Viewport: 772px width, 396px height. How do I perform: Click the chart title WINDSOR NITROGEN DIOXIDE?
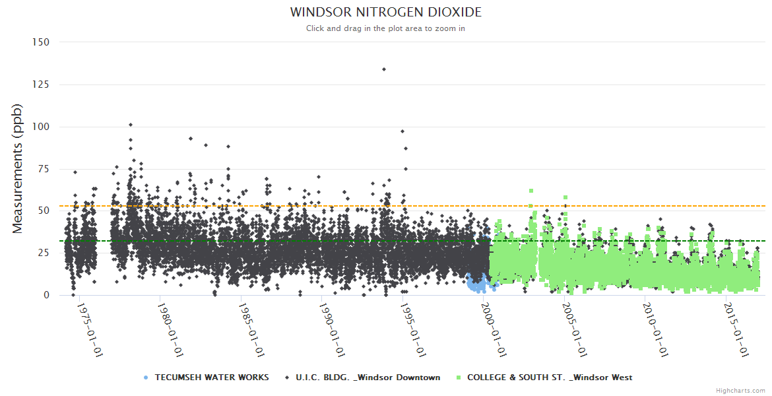pyautogui.click(x=385, y=13)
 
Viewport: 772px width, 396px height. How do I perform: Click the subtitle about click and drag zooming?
pyautogui.click(x=385, y=28)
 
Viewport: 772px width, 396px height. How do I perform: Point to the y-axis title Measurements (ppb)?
pyautogui.click(x=18, y=168)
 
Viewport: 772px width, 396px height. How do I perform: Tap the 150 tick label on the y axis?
pyautogui.click(x=41, y=42)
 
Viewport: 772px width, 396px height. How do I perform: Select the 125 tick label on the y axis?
pyautogui.click(x=41, y=84)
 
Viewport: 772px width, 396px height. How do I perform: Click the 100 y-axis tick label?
pyautogui.click(x=41, y=127)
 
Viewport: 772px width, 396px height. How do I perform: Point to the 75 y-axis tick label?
pyautogui.click(x=44, y=169)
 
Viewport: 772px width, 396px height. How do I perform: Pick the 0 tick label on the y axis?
pyautogui.click(x=46, y=295)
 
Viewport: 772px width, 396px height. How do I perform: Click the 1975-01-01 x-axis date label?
pyautogui.click(x=89, y=330)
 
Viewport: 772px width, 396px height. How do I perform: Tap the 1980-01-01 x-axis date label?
pyautogui.click(x=170, y=330)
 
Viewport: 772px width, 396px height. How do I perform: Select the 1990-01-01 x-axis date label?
pyautogui.click(x=331, y=330)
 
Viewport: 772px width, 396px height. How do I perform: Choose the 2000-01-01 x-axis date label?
pyautogui.click(x=493, y=330)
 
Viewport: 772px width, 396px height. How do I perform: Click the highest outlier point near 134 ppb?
pyautogui.click(x=384, y=69)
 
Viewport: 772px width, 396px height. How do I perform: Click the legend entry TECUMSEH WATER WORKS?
pyautogui.click(x=212, y=378)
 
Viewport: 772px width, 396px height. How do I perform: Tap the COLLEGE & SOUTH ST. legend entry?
pyautogui.click(x=550, y=378)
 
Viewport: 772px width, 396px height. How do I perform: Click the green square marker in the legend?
pyautogui.click(x=459, y=378)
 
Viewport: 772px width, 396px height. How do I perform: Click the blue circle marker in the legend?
pyautogui.click(x=146, y=378)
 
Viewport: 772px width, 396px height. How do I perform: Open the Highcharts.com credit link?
pyautogui.click(x=740, y=391)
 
